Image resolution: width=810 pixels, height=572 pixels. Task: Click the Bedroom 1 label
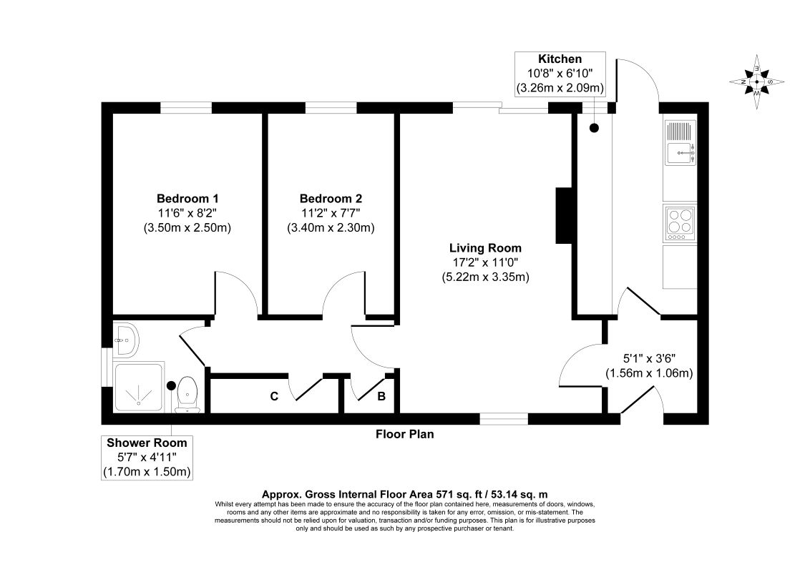point(187,198)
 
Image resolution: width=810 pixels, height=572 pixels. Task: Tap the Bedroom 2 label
point(331,198)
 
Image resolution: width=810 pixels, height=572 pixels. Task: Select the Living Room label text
point(485,248)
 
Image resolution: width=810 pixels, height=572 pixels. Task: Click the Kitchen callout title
point(560,59)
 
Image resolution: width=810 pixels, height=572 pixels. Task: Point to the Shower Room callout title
point(147,443)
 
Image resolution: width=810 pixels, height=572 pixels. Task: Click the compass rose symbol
point(757,82)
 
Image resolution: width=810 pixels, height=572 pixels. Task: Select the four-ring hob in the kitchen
point(680,223)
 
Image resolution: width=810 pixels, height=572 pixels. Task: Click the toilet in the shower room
point(187,395)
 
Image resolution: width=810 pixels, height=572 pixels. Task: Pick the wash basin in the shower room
point(125,340)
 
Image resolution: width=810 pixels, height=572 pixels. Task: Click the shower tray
point(139,388)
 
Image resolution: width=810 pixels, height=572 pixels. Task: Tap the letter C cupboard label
point(274,397)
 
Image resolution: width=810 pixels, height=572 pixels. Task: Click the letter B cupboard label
point(381,397)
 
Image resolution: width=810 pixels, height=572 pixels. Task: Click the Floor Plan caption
point(404,434)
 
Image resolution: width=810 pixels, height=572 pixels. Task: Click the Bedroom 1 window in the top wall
point(186,108)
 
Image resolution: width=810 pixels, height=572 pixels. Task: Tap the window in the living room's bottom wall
point(504,419)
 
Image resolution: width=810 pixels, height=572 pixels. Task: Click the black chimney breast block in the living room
point(562,215)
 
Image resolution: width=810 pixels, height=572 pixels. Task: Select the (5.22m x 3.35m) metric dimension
point(486,277)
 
